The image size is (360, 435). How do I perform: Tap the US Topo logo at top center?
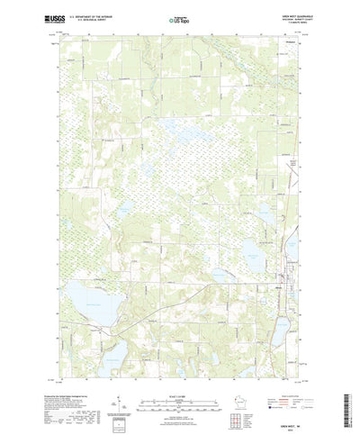[x=179, y=18]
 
